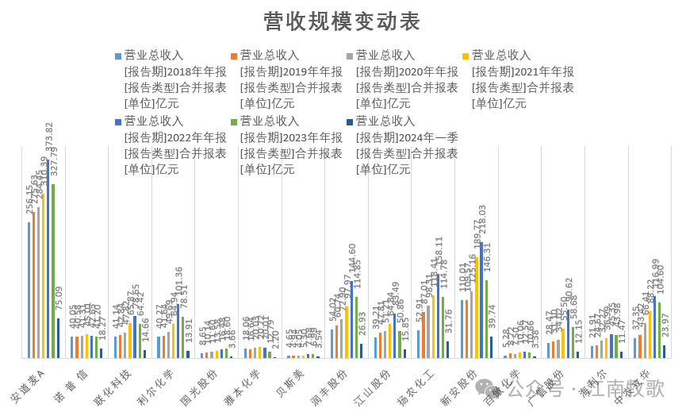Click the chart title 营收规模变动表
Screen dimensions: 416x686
pyautogui.click(x=342, y=21)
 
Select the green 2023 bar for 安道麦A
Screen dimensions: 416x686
pyautogui.click(x=53, y=271)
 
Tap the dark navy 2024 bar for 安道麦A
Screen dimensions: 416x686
pyautogui.click(x=58, y=338)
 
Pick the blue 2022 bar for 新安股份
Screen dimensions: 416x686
pyautogui.click(x=481, y=301)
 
